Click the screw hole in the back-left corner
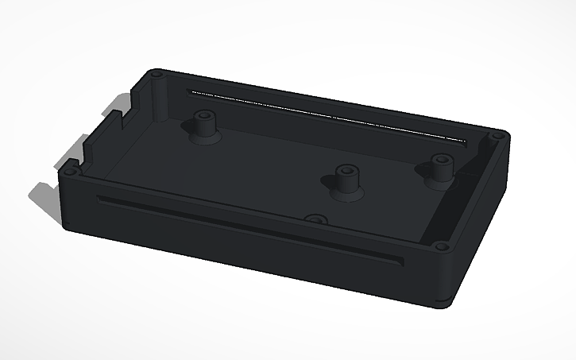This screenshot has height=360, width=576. (x=157, y=74)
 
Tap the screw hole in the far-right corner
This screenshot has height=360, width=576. (x=500, y=136)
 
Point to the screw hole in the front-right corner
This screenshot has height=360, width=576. (x=442, y=248)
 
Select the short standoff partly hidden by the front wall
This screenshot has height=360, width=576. (x=316, y=219)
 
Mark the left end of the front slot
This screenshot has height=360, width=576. (x=100, y=199)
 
